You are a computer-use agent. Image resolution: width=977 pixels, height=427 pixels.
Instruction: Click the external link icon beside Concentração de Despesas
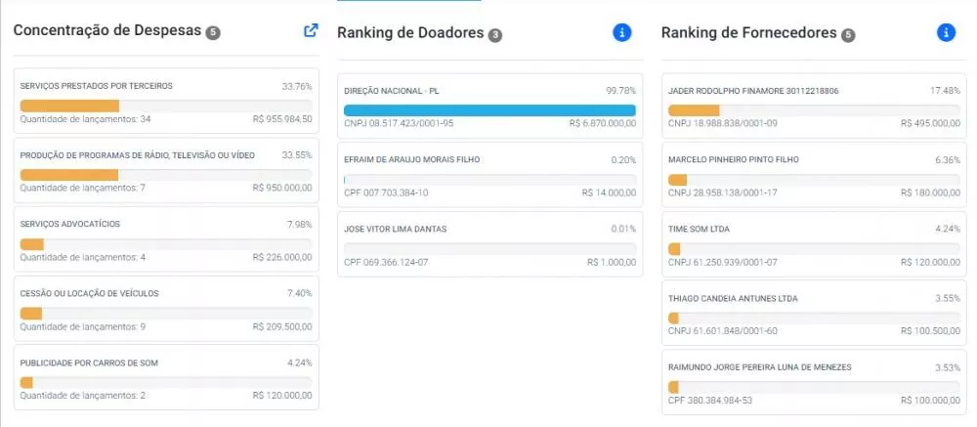(x=311, y=30)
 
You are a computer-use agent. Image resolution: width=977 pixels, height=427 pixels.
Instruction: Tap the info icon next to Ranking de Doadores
(x=621, y=32)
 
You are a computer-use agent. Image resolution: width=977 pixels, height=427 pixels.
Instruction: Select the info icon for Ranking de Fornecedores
(x=946, y=32)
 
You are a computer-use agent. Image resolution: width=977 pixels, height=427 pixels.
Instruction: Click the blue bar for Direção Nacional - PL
(x=489, y=110)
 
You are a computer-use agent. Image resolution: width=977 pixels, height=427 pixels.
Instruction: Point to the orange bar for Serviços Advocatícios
(x=32, y=243)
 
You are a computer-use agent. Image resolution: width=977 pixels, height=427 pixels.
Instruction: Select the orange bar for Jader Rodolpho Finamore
(x=694, y=110)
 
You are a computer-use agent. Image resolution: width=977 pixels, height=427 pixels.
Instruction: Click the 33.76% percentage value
(x=297, y=86)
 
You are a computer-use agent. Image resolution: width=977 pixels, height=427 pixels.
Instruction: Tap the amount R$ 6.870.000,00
(x=603, y=123)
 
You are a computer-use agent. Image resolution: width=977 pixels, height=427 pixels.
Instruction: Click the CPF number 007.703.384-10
(x=386, y=192)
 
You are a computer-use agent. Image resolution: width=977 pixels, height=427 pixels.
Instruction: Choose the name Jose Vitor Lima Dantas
(x=395, y=229)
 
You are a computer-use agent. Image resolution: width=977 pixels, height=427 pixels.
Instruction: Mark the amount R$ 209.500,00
(x=282, y=326)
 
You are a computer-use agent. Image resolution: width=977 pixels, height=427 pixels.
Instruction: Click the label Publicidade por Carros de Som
(x=89, y=363)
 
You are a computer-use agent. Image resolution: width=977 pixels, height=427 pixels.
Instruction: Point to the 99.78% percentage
(x=621, y=91)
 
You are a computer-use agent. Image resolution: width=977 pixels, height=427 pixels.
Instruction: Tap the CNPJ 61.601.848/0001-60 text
(x=723, y=331)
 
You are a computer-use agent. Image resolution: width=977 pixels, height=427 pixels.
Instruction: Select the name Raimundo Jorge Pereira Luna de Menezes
(x=759, y=367)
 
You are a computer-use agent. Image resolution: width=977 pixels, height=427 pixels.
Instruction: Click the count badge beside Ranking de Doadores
(x=494, y=35)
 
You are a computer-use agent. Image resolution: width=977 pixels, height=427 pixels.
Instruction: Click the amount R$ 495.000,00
(x=930, y=123)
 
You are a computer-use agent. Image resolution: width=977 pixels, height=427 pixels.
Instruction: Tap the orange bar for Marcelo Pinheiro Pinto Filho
(x=677, y=180)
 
